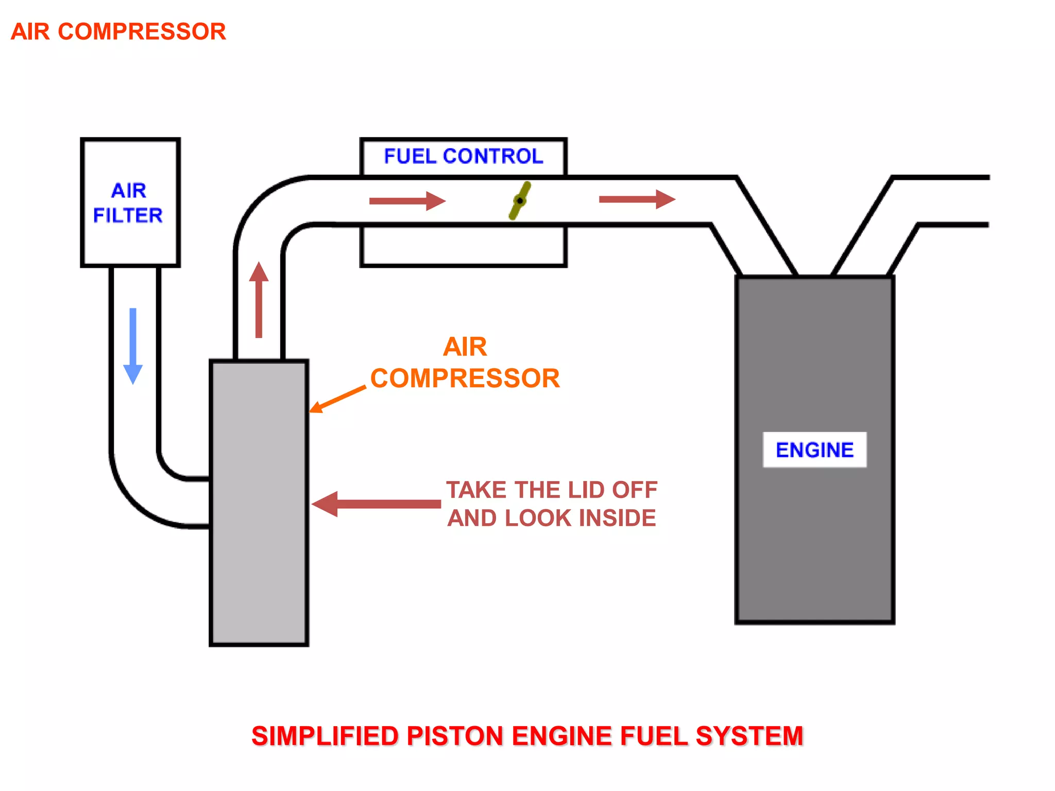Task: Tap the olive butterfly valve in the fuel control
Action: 520,200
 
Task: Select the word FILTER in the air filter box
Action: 128,215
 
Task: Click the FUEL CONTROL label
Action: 463,157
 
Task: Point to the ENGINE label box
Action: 814,450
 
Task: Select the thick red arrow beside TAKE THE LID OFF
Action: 376,504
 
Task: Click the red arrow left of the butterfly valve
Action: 407,201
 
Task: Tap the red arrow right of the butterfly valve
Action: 637,199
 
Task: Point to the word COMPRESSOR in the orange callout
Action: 465,379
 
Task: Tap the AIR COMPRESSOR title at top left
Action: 118,32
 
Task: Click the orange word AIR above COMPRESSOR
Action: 465,347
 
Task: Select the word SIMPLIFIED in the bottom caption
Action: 325,736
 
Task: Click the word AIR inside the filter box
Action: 129,191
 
